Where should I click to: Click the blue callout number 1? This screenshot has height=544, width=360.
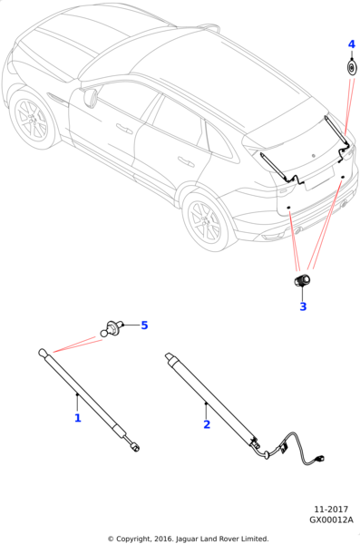click(78, 418)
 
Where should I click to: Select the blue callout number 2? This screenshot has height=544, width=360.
click(207, 424)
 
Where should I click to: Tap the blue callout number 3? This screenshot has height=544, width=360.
click(303, 306)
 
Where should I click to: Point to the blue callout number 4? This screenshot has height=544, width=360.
click(352, 44)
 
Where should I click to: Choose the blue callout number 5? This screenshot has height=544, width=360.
click(144, 325)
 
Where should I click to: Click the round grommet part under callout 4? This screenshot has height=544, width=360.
click(352, 68)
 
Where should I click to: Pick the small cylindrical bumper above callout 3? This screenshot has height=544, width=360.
click(301, 280)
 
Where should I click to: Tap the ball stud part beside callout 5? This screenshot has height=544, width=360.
click(112, 328)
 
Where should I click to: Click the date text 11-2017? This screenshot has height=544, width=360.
click(331, 510)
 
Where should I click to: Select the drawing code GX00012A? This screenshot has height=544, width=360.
click(331, 520)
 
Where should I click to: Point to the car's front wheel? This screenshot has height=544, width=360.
click(31, 119)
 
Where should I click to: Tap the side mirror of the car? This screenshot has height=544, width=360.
click(90, 97)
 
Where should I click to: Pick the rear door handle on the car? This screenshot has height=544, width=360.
click(186, 161)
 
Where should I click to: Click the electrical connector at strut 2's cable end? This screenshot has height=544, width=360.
click(320, 460)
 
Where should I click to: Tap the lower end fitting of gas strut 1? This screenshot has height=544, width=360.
click(135, 448)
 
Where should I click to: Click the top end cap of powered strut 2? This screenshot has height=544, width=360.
click(170, 358)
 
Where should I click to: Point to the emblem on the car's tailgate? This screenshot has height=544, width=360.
click(313, 156)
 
